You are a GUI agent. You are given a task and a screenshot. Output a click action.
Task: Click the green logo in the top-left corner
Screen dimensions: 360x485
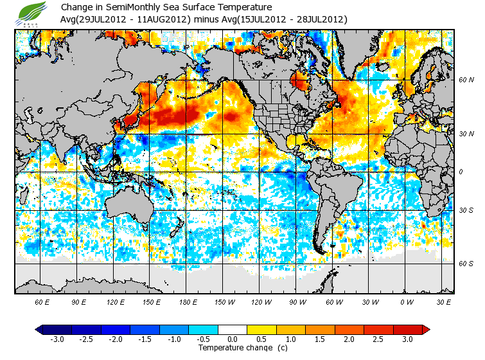(x=31, y=12)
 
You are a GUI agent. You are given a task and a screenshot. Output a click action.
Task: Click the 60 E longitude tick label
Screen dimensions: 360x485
(x=42, y=301)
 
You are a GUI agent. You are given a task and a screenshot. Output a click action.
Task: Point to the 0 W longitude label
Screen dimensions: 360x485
(x=406, y=301)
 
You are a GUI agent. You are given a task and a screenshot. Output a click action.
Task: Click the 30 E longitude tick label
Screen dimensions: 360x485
(x=442, y=301)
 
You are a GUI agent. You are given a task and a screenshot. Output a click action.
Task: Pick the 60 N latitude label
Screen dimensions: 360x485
(x=466, y=80)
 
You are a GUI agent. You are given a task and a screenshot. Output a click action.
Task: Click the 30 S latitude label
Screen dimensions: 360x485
(x=466, y=210)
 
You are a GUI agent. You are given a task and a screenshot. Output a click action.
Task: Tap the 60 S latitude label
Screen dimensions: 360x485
(x=466, y=264)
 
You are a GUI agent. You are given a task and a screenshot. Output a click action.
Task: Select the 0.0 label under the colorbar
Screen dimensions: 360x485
(x=233, y=339)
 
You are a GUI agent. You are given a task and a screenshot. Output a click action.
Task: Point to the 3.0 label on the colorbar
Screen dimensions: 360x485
(x=408, y=339)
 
